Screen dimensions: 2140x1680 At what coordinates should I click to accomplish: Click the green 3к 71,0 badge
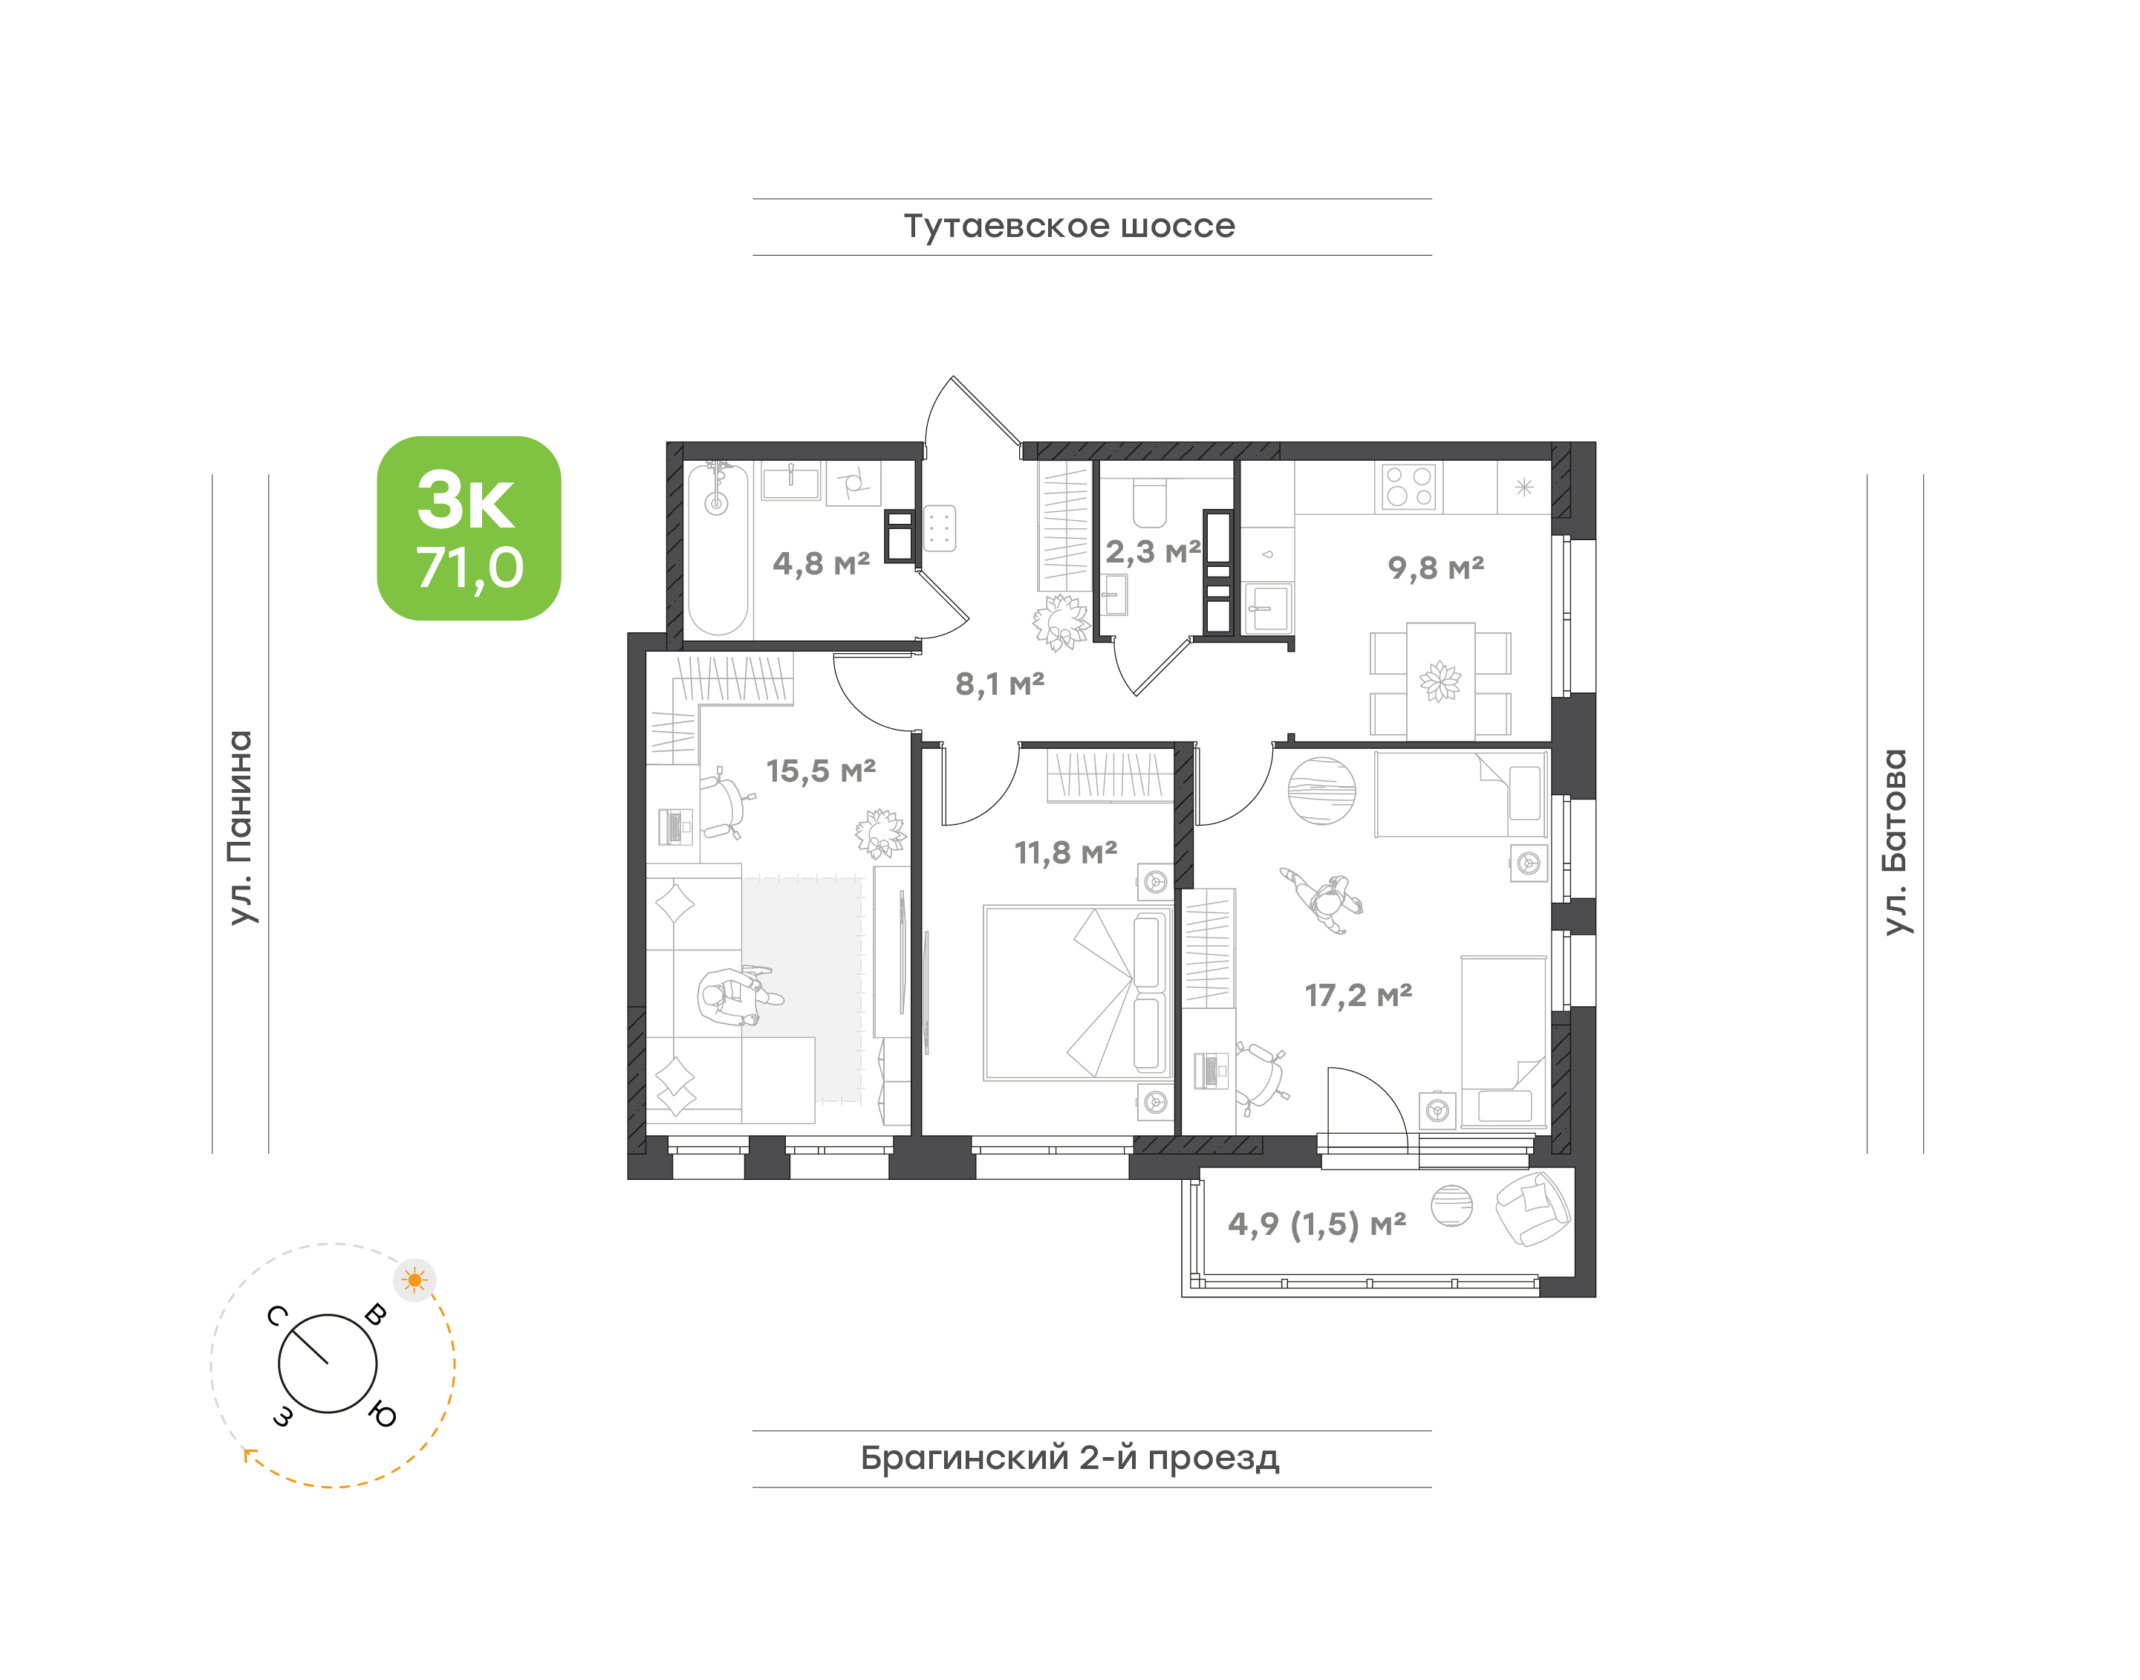(469, 528)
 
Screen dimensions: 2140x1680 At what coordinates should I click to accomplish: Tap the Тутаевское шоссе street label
(1069, 226)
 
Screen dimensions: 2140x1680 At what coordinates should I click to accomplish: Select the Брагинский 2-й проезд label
(1070, 1458)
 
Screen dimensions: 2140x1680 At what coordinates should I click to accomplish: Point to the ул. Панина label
(241, 827)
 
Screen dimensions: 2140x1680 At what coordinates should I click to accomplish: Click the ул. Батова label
(1895, 842)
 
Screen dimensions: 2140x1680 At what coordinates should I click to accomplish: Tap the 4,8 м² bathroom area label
(822, 564)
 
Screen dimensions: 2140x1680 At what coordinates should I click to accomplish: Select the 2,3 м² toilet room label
(1153, 552)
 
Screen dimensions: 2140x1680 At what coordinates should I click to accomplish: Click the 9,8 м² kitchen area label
(1436, 568)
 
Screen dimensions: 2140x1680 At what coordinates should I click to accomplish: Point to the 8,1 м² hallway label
(999, 684)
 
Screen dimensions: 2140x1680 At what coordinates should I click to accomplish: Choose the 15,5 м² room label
(822, 771)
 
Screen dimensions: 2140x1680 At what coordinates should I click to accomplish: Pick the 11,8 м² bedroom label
(1066, 853)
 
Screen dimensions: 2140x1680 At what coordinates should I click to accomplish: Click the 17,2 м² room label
(1358, 996)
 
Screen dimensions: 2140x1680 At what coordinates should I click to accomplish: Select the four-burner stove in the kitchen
(1408, 487)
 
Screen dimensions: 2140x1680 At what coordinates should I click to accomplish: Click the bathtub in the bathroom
(717, 550)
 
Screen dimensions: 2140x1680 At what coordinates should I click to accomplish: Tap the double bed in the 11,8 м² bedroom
(1078, 993)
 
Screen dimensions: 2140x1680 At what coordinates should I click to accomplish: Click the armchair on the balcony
(1531, 1208)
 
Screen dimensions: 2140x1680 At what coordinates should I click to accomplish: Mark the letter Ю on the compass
(383, 1415)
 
